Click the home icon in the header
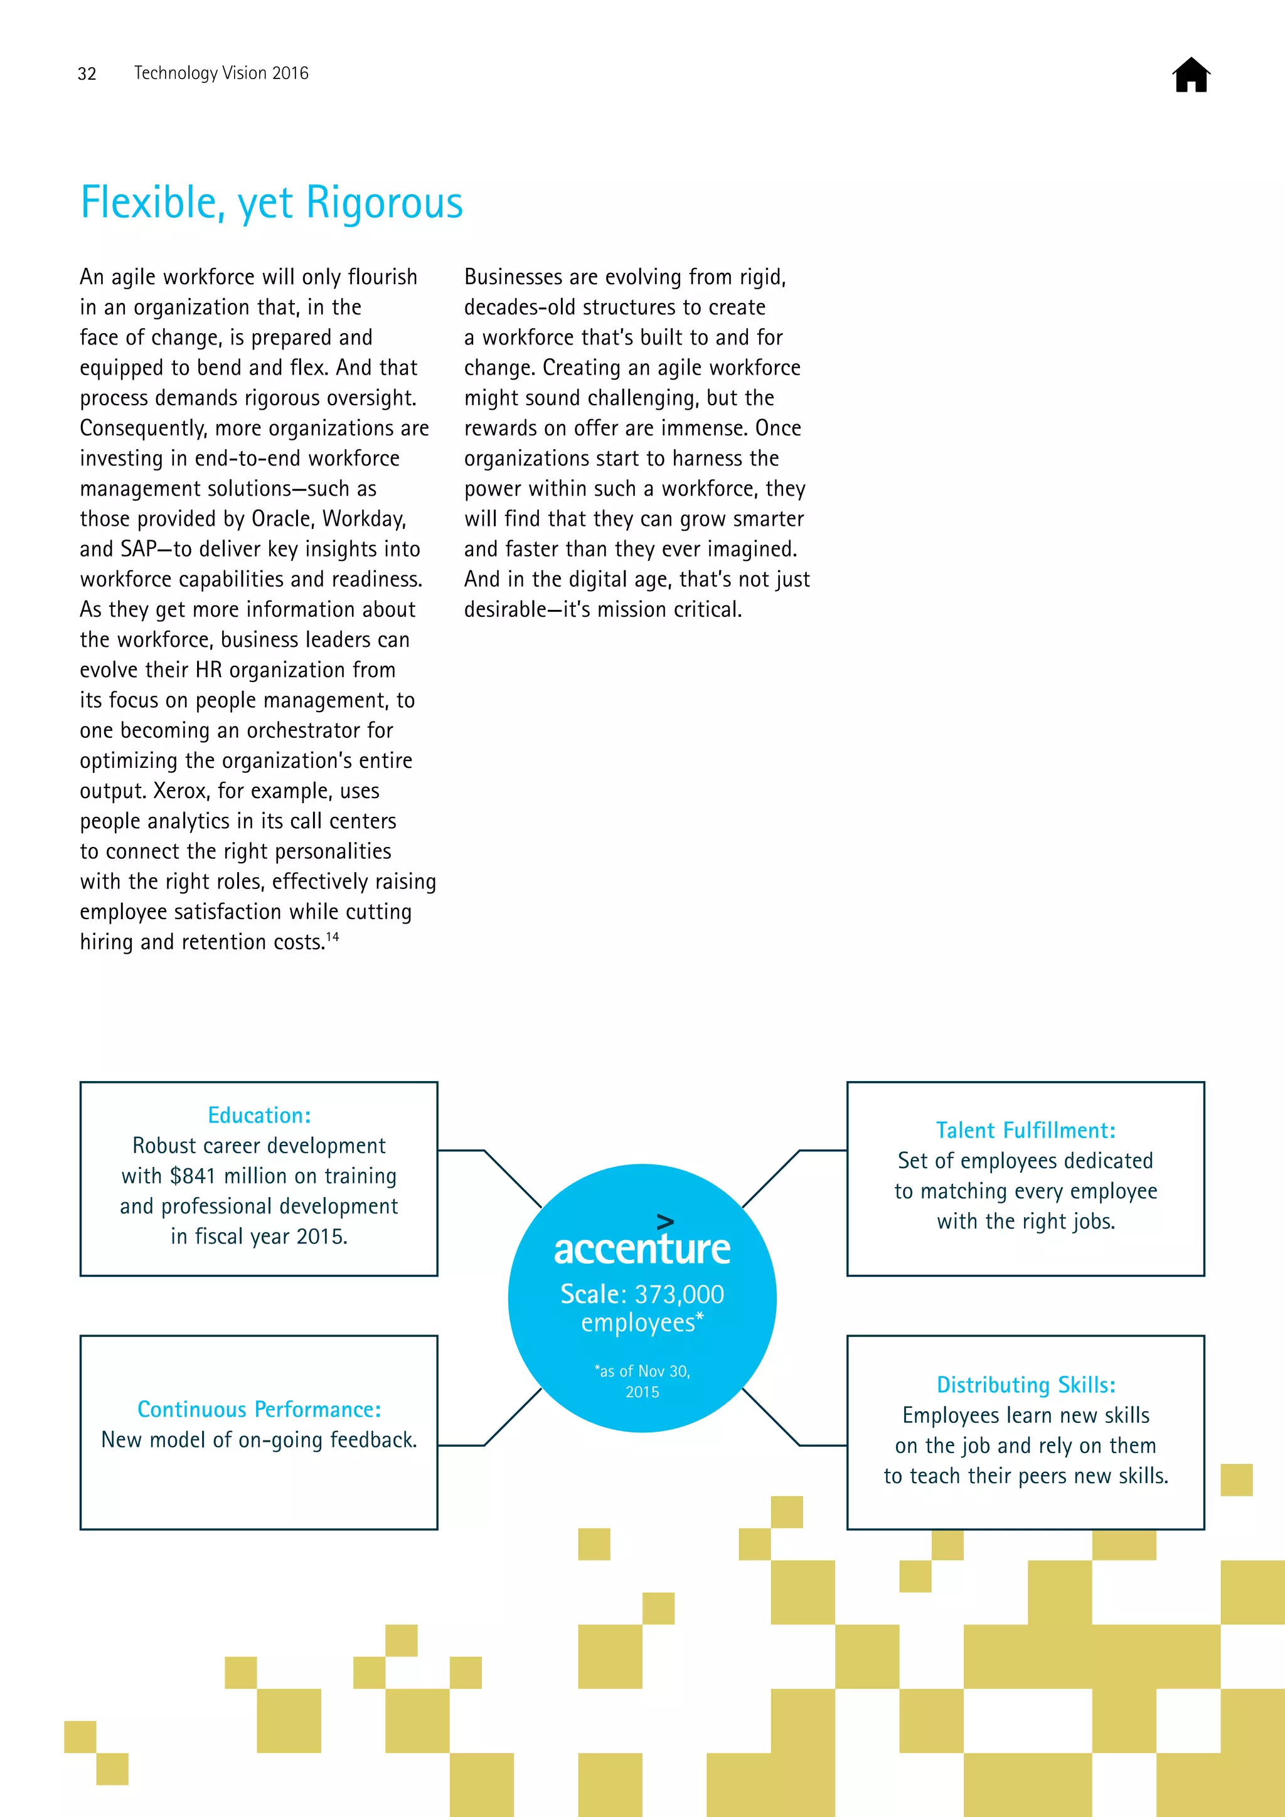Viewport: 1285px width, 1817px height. (x=1191, y=75)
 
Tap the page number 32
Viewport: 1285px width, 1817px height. (x=87, y=73)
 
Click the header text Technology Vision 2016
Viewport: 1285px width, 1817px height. (x=221, y=73)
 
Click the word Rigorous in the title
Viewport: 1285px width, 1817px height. (x=384, y=203)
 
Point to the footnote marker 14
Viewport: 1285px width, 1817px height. (x=333, y=937)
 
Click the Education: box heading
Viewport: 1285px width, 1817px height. (x=259, y=1115)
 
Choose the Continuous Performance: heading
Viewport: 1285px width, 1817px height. (x=259, y=1409)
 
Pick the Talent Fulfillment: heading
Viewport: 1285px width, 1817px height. (x=1025, y=1130)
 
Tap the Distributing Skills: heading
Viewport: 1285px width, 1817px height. (x=1025, y=1385)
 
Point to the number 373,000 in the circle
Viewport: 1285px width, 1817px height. (x=679, y=1294)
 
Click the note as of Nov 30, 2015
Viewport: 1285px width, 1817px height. (x=642, y=1381)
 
